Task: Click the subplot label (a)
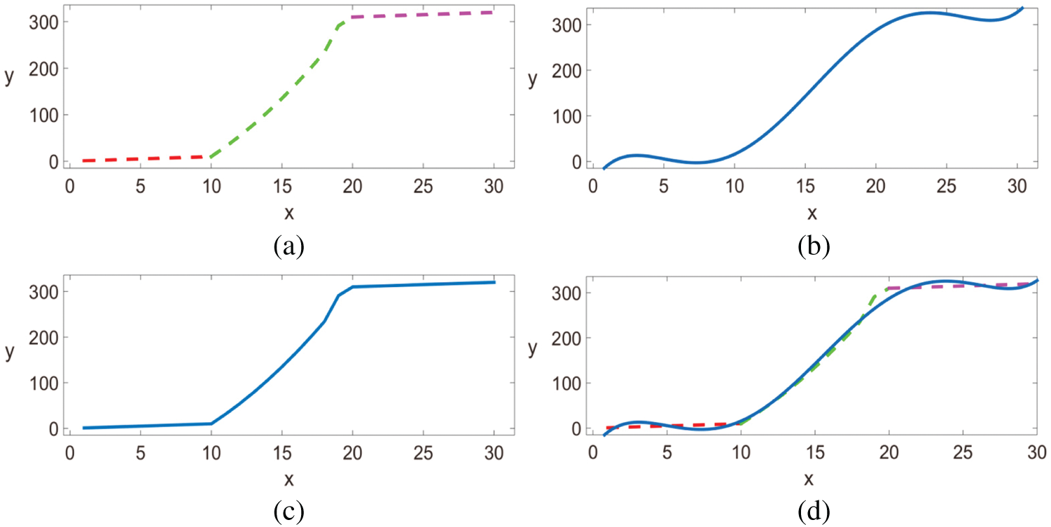(x=288, y=247)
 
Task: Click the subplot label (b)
(x=813, y=247)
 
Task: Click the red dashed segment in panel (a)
(x=140, y=159)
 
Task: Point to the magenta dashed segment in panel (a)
(x=423, y=14)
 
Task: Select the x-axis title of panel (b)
(x=812, y=212)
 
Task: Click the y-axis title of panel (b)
(x=533, y=79)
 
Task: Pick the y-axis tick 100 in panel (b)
(x=567, y=115)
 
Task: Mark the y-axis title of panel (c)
(x=9, y=352)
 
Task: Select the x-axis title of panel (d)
(x=809, y=479)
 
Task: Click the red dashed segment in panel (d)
(x=672, y=425)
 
